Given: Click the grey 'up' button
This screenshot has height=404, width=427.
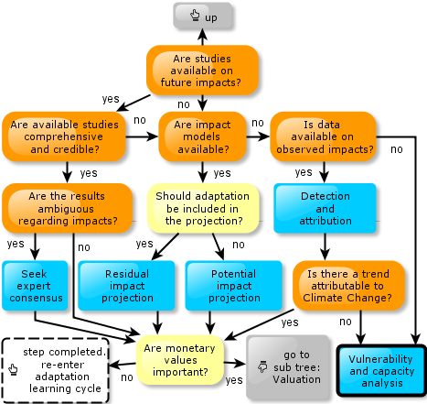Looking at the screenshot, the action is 203,16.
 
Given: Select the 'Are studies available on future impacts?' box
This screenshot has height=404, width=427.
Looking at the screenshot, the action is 202,71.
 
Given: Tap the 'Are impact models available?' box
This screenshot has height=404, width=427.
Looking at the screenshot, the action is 202,136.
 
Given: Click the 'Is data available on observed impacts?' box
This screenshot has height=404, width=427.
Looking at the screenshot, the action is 323,136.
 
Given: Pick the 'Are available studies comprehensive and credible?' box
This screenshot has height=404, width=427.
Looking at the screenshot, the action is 64,136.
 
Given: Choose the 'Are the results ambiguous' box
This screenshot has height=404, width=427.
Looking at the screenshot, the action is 67,208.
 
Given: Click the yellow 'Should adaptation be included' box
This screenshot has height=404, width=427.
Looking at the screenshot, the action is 203,208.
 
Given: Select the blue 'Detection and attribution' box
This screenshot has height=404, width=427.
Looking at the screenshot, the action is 325,208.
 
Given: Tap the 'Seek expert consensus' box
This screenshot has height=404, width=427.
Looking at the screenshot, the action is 35,286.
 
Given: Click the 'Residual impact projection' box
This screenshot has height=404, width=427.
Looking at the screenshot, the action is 126,286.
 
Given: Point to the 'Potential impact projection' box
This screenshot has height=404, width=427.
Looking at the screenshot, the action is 234,286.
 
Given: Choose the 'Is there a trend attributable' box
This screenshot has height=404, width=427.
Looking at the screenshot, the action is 348,286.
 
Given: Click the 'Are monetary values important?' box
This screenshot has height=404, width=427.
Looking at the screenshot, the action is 180,360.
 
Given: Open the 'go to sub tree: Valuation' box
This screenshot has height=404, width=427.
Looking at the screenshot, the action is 288,366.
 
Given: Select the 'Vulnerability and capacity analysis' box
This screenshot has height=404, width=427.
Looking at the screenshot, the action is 381,371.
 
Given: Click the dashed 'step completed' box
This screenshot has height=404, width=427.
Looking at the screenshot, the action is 55,370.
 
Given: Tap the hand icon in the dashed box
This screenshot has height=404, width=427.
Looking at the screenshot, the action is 13,369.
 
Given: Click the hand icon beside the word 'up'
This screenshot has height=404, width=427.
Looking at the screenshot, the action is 195,15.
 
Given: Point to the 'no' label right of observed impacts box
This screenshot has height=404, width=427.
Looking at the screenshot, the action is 397,149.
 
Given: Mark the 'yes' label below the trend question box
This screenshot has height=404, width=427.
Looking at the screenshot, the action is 290,322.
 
